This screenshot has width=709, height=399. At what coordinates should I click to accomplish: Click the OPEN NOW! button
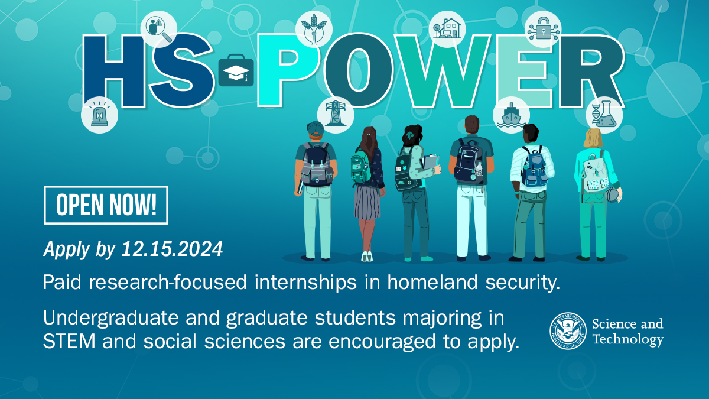(x=106, y=205)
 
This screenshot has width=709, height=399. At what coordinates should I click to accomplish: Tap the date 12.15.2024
(x=172, y=249)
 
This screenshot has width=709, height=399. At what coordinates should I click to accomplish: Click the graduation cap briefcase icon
(x=236, y=73)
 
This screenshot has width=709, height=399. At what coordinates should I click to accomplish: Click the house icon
(x=447, y=28)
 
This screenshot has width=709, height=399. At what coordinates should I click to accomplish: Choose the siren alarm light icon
(x=99, y=115)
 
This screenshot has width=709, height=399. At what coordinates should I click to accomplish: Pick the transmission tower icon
(x=336, y=113)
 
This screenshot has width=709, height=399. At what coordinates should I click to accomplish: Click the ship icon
(x=511, y=115)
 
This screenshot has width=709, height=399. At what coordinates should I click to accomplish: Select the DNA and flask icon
(x=604, y=115)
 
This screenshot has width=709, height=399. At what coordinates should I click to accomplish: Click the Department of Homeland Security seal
(x=569, y=331)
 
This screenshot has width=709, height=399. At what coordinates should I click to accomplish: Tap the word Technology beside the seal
(x=627, y=339)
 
